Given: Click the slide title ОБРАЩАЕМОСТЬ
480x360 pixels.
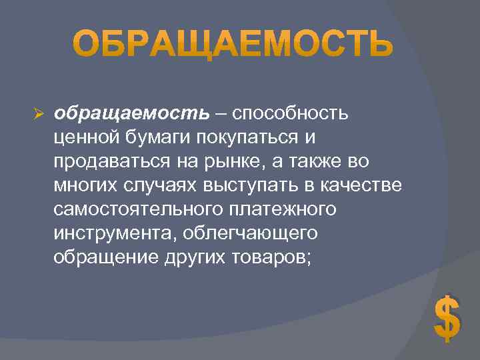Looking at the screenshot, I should pos(232,45).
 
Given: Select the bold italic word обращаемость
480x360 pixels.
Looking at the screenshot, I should pos(131,113).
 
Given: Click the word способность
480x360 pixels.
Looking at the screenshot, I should pos(291,113).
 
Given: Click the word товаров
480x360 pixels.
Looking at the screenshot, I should pos(273,257).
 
